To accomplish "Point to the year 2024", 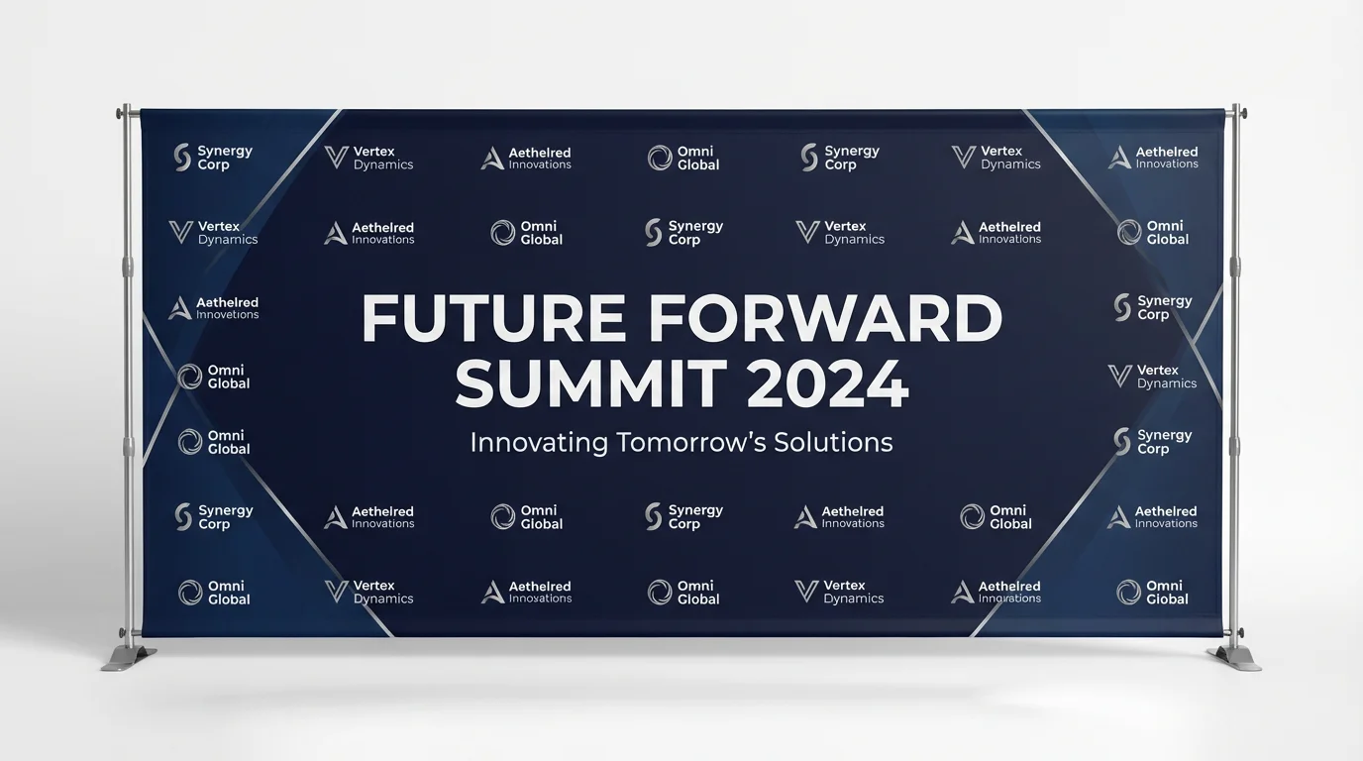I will coord(827,384).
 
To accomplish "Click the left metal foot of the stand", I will coord(130,657).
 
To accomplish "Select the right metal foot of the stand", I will coord(1234,657).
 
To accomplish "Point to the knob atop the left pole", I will coord(125,108).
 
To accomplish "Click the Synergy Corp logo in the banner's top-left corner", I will coord(213,158).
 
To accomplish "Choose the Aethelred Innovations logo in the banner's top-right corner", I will coord(1153,158).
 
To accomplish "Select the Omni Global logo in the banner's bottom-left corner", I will coord(214,593).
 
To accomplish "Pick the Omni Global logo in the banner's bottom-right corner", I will coord(1153,593).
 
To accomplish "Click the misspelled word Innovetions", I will coord(227,315).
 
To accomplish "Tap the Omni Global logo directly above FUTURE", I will coord(527,233).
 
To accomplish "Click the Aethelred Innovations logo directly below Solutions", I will coord(839,517).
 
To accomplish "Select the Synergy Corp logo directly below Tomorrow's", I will coord(683,517).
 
